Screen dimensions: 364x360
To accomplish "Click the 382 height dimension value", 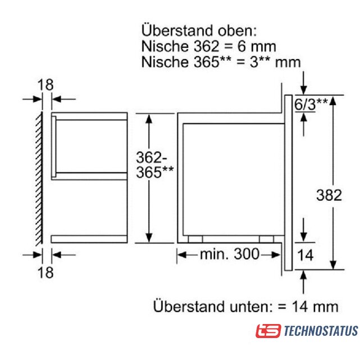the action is (x=329, y=195).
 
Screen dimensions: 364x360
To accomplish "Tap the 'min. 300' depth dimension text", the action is (x=229, y=254).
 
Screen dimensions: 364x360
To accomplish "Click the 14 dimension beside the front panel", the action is (x=305, y=255).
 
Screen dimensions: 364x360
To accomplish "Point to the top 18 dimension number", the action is (x=46, y=84).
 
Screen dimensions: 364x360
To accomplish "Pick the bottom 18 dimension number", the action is (x=46, y=272).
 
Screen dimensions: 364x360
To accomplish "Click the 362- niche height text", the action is (x=151, y=157).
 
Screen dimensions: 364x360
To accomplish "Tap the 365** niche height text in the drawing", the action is (x=155, y=172).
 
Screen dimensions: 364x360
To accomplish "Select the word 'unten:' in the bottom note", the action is (x=251, y=307).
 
